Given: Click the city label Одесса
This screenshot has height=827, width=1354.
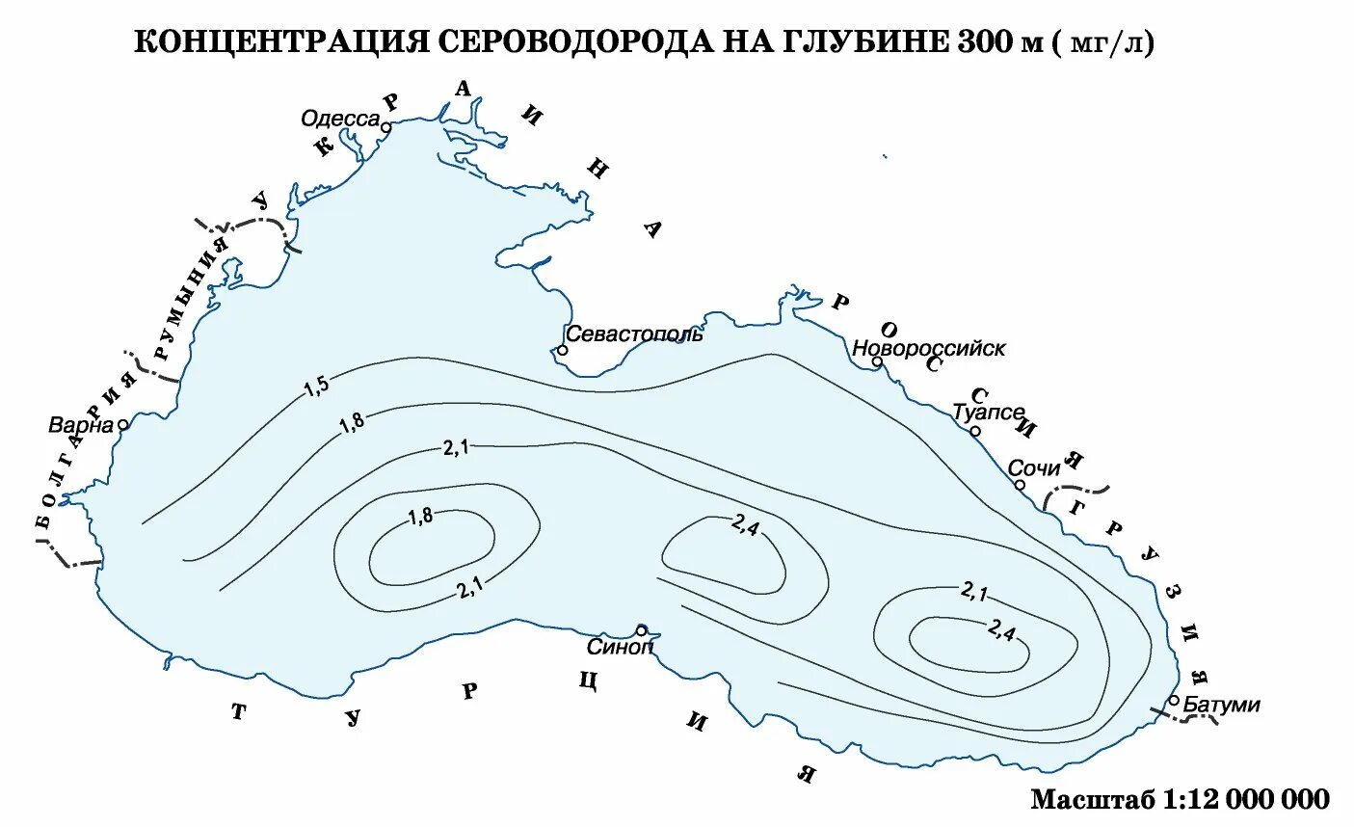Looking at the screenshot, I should pos(340,119).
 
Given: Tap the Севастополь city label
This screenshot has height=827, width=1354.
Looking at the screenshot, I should pos(634,333).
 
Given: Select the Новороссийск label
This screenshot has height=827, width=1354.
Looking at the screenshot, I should pos(929,348).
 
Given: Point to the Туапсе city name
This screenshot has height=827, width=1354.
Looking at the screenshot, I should pos(988,412).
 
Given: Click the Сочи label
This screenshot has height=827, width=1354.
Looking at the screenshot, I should pos(1033,468).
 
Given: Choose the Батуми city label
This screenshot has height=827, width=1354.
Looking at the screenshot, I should pos(1221,705).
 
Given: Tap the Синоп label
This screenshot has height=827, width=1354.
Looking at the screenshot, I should pos(620,647).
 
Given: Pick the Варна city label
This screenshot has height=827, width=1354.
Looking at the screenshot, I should pos(81,424).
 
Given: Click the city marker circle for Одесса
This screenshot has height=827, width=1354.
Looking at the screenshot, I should pos(385,126).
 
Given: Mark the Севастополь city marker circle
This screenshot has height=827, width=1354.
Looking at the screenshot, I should pos(562,350).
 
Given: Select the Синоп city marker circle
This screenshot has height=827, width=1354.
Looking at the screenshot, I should pos(641,629).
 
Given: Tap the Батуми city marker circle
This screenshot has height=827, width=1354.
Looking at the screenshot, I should pos(1174,700).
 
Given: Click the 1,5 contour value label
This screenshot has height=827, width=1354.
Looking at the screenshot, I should pos(316,387).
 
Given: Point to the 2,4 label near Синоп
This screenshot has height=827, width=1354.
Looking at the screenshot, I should pos(745,525).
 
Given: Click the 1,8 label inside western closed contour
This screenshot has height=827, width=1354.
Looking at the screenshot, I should pos(421,516).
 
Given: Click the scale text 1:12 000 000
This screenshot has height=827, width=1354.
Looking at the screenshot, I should pos(1246,799).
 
